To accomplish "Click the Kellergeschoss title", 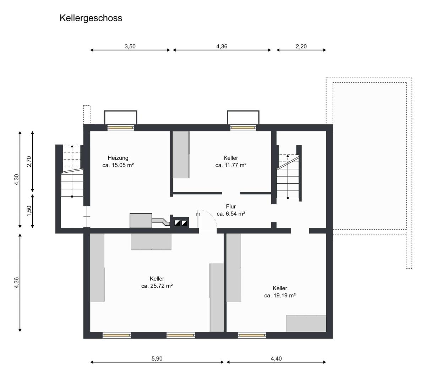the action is coord(91,18).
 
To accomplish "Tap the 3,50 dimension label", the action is coord(130,46).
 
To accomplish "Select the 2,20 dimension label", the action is coord(301,46).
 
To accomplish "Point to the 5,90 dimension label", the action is coord(157,358).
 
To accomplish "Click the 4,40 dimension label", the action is coord(276,358).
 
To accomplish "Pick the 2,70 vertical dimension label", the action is coord(29,161).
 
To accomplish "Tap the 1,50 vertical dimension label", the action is coord(29,211).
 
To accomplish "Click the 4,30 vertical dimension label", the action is coord(16,179).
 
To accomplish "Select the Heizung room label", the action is coord(118,158).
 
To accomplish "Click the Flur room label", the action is coord(231,206).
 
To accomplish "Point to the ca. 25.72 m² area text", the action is coord(157,286).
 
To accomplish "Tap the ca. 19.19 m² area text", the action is coord(280,296).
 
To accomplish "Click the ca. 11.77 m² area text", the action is coord(231,165).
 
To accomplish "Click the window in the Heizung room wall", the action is coord(121,128).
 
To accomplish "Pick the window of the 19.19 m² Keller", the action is coord(252,335).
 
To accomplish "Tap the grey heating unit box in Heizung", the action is coord(141,220).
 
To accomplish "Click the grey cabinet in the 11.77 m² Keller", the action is coord(181,155).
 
